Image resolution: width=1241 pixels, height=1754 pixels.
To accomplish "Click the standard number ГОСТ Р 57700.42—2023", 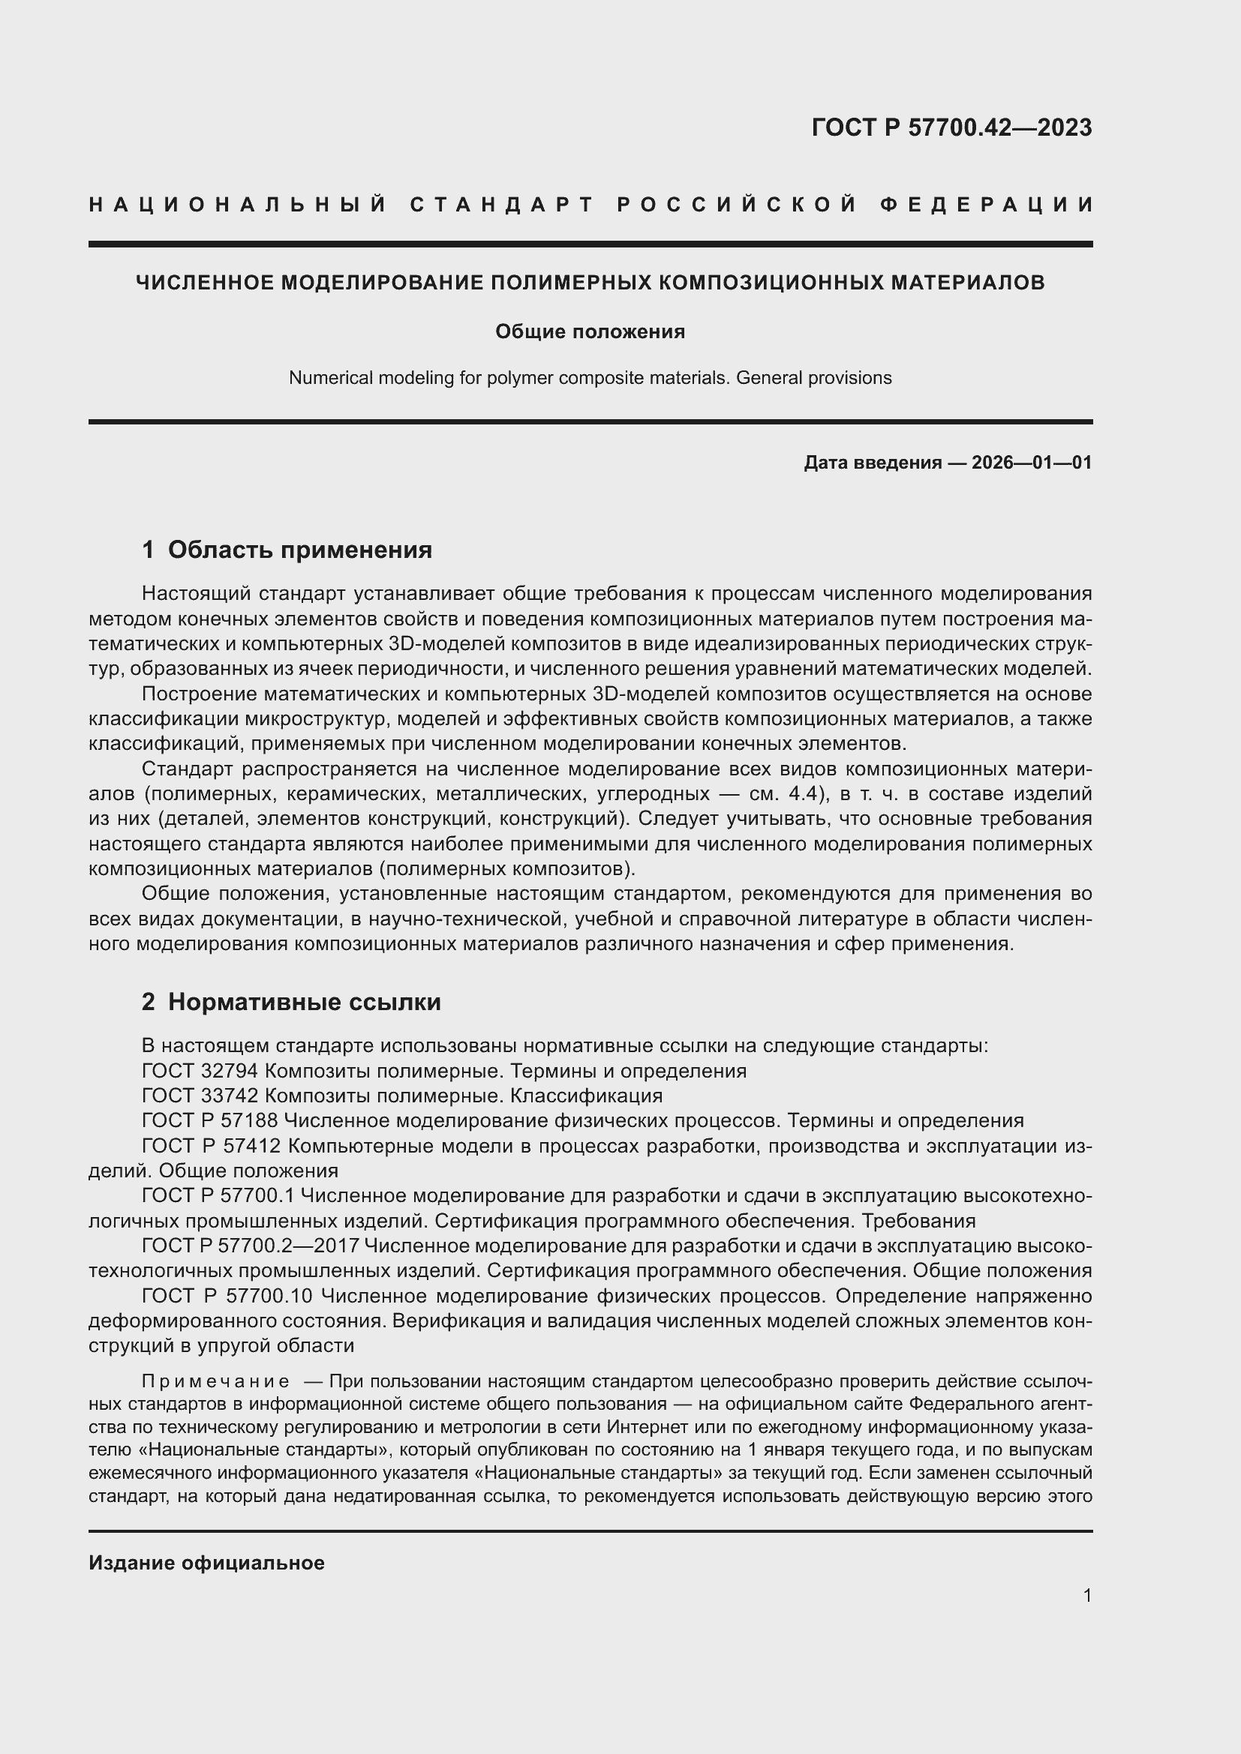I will pyautogui.click(x=951, y=127).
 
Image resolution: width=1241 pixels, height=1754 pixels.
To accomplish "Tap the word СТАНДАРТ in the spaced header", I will pyautogui.click(x=501, y=205).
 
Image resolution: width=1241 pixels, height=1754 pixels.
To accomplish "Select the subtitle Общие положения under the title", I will pyautogui.click(x=590, y=331).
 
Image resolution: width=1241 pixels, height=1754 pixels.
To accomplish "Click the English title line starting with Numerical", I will pyautogui.click(x=590, y=378).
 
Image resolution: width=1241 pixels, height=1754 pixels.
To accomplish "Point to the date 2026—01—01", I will pyautogui.click(x=1032, y=462).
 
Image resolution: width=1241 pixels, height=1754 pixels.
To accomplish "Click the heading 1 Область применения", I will pyautogui.click(x=287, y=550).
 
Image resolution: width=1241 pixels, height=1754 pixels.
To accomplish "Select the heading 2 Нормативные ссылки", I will pyautogui.click(x=291, y=1002).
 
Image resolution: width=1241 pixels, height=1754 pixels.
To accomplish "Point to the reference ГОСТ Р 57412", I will pyautogui.click(x=212, y=1146).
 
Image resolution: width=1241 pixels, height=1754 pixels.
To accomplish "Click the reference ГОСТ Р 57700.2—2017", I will pyautogui.click(x=251, y=1246).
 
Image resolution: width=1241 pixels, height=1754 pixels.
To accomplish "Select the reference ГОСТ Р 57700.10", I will pyautogui.click(x=228, y=1297).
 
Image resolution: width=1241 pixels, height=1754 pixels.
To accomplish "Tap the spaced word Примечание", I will pyautogui.click(x=215, y=1382).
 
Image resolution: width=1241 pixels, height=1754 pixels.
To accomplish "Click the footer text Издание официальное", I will pyautogui.click(x=206, y=1563).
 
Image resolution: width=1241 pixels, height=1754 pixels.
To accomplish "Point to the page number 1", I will pyautogui.click(x=1087, y=1595).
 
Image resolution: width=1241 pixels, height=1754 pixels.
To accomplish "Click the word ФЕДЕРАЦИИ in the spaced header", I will pyautogui.click(x=987, y=205).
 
